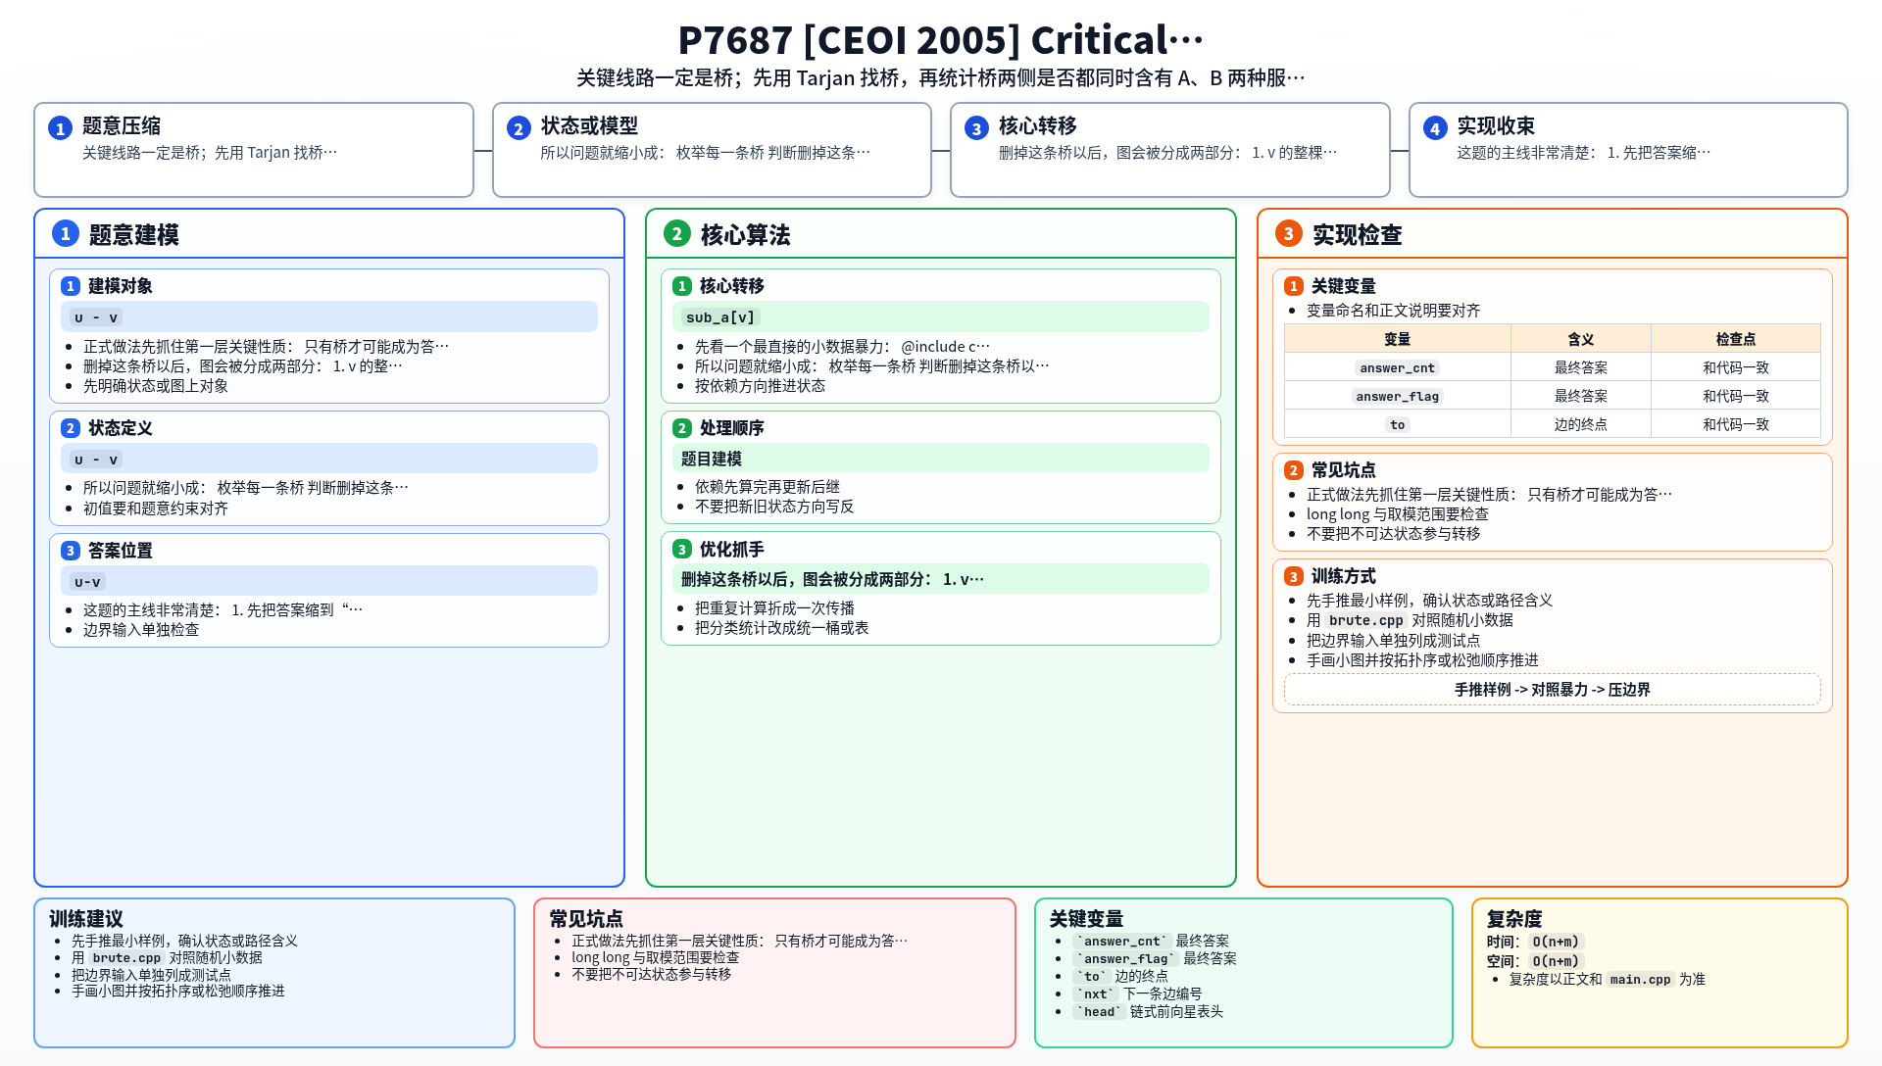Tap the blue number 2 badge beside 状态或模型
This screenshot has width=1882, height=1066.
coord(519,128)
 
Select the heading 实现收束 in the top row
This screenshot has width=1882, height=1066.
coord(1495,125)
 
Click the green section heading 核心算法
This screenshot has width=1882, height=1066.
coord(745,235)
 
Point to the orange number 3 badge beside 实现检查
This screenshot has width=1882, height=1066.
coord(1288,233)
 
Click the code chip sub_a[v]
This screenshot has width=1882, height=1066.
coord(719,317)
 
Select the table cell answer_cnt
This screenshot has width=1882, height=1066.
coord(1397,367)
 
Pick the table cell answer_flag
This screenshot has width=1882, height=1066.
coord(1397,396)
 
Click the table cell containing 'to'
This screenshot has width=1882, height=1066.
coord(1397,424)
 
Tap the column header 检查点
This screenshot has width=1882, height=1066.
coord(1735,339)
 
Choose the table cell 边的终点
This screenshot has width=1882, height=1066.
coord(1580,424)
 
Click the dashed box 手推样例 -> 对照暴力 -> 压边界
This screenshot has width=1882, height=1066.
coord(1552,690)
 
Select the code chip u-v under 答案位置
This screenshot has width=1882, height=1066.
coord(87,582)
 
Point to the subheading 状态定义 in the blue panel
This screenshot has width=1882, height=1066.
coord(120,428)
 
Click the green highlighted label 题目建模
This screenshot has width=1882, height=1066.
coord(711,459)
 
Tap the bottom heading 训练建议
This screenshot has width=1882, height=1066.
coord(86,919)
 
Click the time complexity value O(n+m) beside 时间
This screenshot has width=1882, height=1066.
coord(1556,942)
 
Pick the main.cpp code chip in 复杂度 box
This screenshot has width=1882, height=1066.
coord(1640,979)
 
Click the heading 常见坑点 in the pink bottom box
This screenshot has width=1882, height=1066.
coord(586,919)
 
